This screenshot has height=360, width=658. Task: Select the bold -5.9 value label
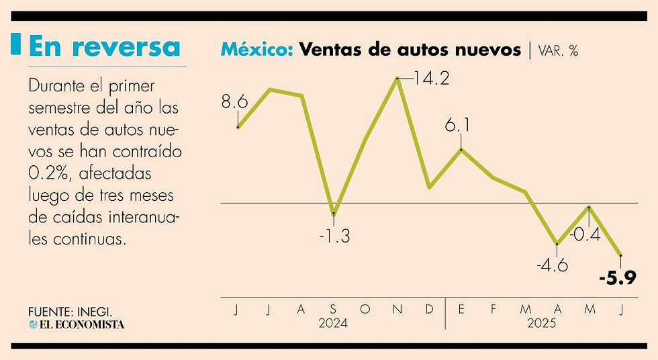click(617, 278)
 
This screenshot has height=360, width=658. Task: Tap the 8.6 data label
click(234, 102)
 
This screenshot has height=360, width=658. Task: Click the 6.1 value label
click(457, 125)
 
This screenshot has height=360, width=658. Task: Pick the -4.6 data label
click(552, 265)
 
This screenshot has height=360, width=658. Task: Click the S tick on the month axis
click(333, 309)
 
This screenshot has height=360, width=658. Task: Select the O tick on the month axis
click(365, 309)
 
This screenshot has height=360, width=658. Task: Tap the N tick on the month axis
click(397, 309)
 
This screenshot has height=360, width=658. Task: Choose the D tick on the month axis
click(429, 309)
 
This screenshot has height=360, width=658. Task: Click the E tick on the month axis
click(461, 309)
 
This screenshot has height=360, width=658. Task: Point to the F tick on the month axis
click(493, 309)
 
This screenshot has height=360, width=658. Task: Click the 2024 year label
click(333, 324)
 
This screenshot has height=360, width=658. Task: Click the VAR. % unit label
click(557, 51)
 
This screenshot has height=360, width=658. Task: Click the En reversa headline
click(105, 46)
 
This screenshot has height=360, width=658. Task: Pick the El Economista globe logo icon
click(33, 324)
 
